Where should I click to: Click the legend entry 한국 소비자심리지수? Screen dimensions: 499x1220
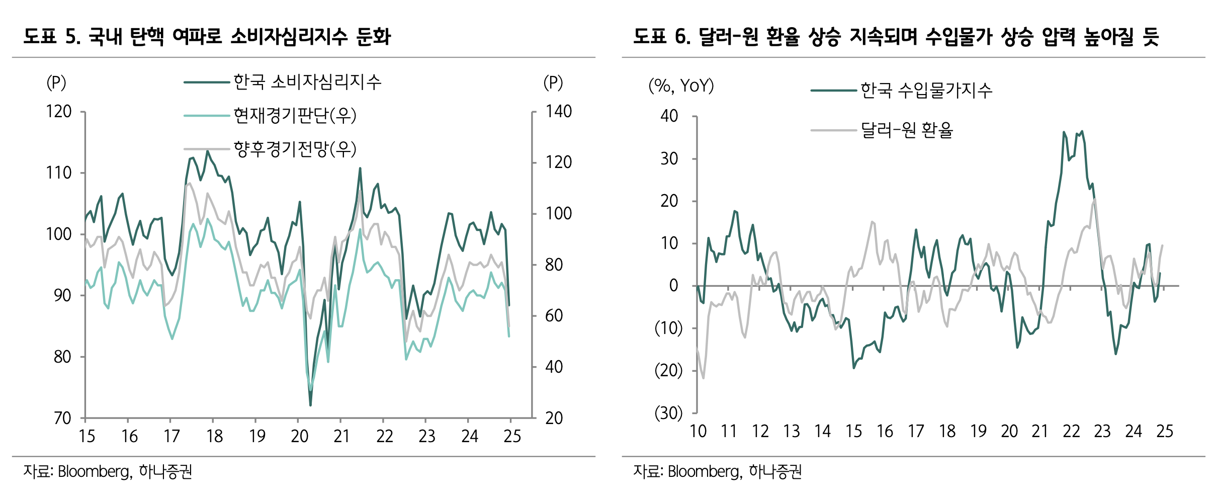point(307,82)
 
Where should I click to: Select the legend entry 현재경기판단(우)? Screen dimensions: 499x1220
point(295,116)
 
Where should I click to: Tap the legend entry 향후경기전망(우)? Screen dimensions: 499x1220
point(295,149)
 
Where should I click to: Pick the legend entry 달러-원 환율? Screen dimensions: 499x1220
point(907,130)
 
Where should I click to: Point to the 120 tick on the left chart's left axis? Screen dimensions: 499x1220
point(59,112)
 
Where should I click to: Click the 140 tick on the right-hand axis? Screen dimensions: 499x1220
point(559,112)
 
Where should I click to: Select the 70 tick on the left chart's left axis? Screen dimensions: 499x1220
point(62,418)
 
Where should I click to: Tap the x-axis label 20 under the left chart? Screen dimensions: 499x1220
point(299,436)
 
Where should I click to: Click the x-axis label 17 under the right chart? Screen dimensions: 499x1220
point(916,432)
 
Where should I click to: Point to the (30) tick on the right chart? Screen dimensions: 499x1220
point(668,413)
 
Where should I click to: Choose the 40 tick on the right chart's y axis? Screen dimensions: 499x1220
point(669,116)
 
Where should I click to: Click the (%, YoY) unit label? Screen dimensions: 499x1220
point(681,86)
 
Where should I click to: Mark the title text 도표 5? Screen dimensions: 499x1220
point(52,37)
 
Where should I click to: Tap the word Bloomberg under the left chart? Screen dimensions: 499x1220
point(95,472)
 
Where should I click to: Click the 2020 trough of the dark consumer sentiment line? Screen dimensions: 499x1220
point(310,405)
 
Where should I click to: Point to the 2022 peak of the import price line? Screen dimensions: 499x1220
point(1082,131)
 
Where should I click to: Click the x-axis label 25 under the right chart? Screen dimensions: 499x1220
point(1165,432)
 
